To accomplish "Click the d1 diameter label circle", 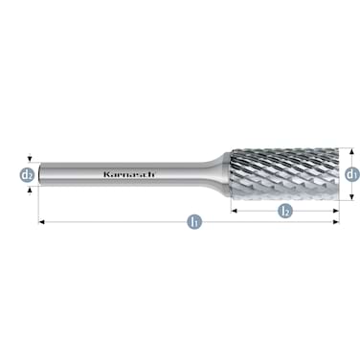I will tap(351, 175).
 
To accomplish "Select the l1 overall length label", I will tap(194, 222).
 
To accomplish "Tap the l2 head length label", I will tap(284, 210).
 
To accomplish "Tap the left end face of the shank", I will tap(41, 175).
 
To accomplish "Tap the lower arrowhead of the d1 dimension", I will tap(351, 198).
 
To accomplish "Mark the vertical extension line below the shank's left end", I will tap(40, 206).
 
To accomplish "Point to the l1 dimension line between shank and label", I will tap(115, 222).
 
